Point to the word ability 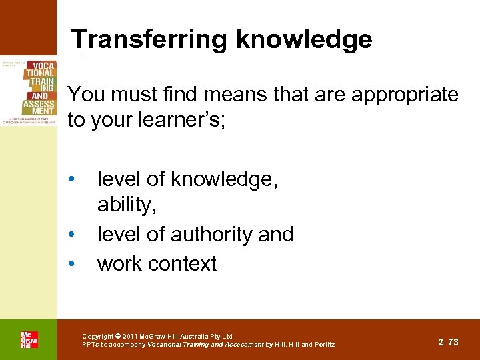click(127, 205)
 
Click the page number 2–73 click(448, 342)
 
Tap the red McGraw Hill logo click(29, 340)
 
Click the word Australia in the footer click(190, 336)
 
